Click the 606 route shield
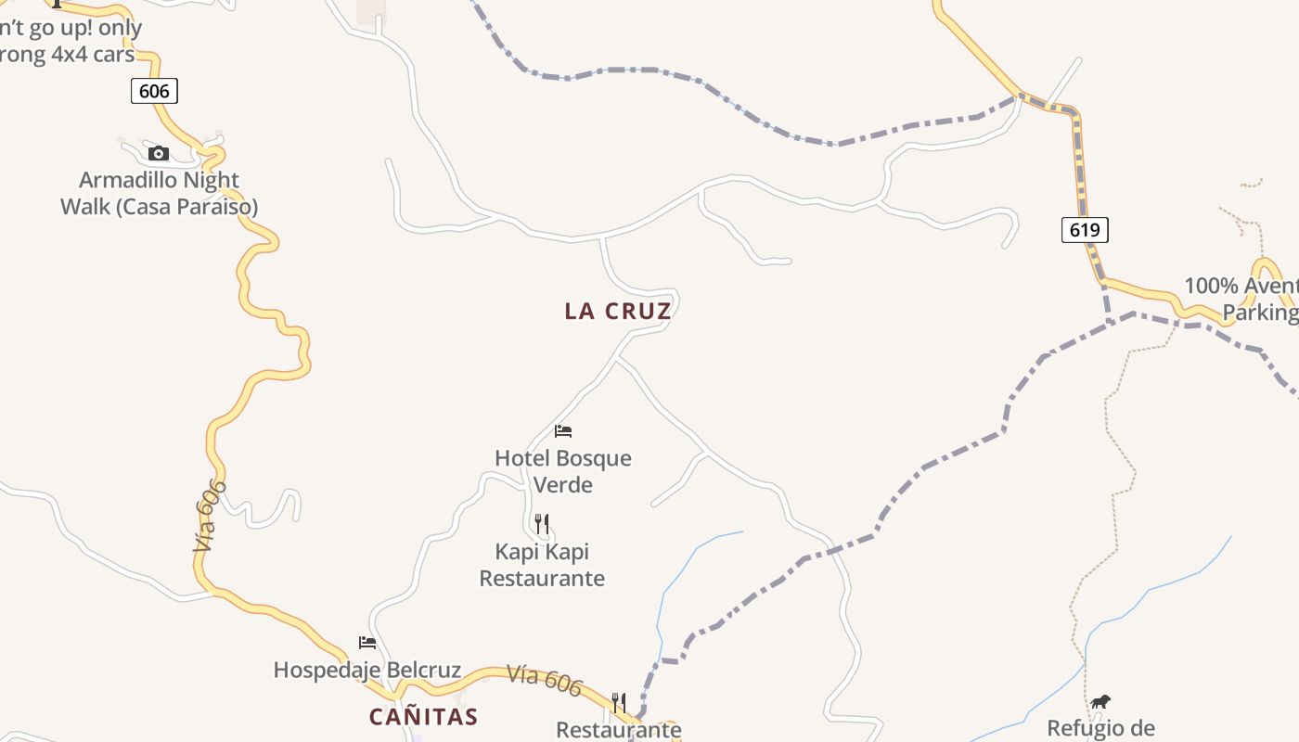click(154, 90)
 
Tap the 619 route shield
click(1085, 229)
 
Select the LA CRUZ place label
click(617, 312)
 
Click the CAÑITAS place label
click(423, 717)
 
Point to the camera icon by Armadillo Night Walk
click(159, 153)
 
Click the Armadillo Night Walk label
click(159, 193)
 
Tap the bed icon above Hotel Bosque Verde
click(563, 430)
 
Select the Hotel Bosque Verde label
click(563, 471)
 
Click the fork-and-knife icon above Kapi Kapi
click(542, 524)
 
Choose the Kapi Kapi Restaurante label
click(542, 565)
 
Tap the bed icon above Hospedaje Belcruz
click(367, 642)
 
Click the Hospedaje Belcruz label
click(367, 670)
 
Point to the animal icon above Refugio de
click(1100, 701)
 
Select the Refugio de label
click(1100, 728)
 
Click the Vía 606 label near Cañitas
click(545, 681)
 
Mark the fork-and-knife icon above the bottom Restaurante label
click(619, 702)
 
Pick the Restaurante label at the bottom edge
click(619, 730)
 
